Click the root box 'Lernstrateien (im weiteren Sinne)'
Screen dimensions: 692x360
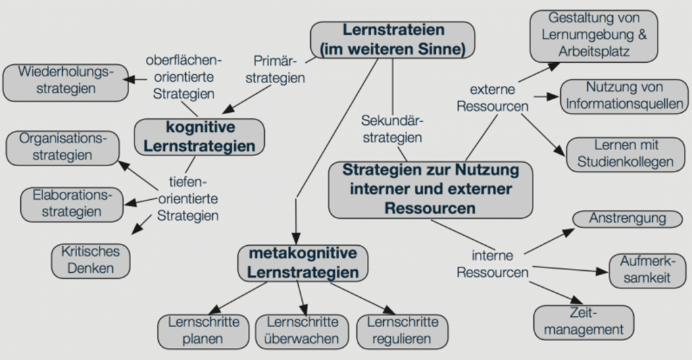(393, 40)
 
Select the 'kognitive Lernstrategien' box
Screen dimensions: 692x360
(199, 136)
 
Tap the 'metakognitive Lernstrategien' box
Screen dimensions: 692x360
(303, 263)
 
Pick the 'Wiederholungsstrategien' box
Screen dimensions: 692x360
(66, 82)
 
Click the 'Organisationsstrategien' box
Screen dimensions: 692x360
(63, 148)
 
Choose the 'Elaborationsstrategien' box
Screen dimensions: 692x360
(72, 205)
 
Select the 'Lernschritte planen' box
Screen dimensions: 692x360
(203, 332)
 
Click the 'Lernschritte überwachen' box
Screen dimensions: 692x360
(302, 332)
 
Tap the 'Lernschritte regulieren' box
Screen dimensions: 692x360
(402, 332)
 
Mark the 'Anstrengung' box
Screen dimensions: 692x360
(627, 219)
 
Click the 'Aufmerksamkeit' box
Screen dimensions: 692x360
(647, 271)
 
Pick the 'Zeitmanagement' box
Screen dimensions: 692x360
(583, 322)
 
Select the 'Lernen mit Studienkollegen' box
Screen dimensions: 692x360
(625, 155)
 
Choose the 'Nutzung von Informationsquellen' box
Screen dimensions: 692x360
(624, 97)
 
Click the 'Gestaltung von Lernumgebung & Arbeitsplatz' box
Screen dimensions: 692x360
(593, 36)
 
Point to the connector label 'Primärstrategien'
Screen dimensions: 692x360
(276, 70)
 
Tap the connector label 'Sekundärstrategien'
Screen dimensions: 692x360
(393, 129)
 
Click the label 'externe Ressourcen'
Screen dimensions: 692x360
(493, 98)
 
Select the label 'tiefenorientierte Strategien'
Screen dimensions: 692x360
(188, 199)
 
